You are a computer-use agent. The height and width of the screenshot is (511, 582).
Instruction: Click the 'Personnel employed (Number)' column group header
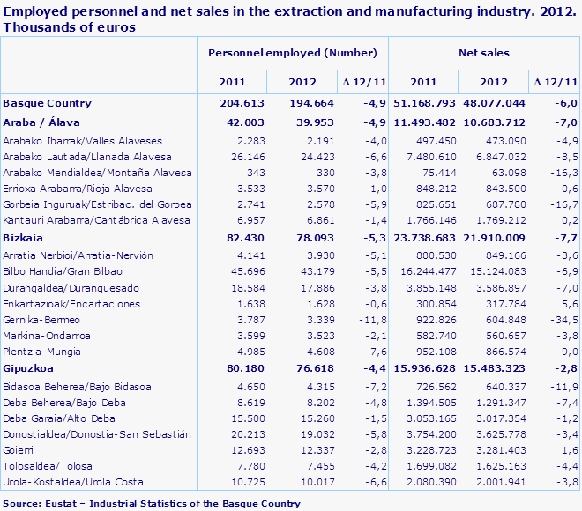point(291,54)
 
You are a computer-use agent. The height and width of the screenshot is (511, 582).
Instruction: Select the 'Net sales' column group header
point(483,54)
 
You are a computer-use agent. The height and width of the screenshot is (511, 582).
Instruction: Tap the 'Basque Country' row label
point(48,103)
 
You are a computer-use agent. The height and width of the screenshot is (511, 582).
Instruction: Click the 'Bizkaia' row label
point(24,239)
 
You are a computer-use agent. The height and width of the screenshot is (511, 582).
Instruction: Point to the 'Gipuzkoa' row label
point(29,370)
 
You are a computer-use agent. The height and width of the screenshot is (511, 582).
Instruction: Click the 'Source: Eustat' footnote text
point(151,504)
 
